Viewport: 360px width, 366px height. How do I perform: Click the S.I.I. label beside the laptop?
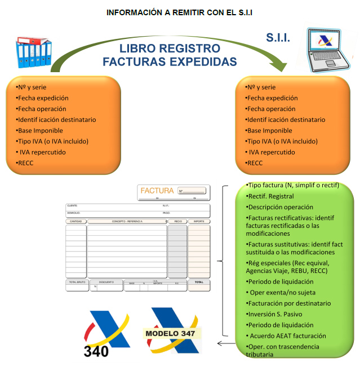click(278, 38)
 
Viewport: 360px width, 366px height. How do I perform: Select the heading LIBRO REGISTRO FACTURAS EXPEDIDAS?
click(170, 55)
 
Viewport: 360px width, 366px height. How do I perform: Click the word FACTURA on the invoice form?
click(157, 191)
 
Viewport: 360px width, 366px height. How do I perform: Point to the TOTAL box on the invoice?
click(199, 283)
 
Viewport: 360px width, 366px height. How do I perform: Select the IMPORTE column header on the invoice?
click(199, 222)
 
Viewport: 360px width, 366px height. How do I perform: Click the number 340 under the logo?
click(96, 351)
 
